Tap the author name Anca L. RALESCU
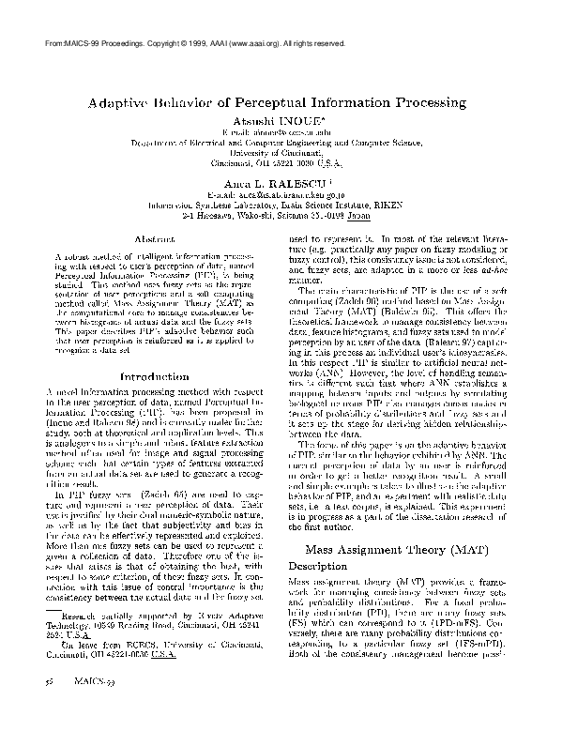280,185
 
